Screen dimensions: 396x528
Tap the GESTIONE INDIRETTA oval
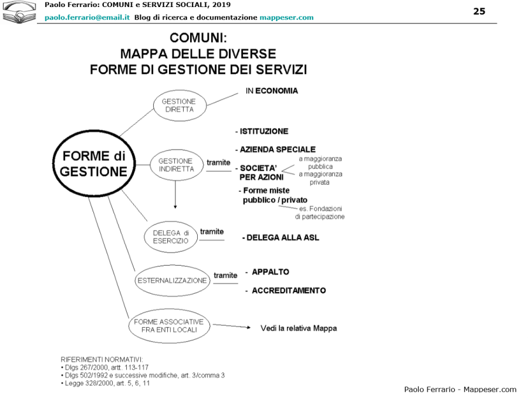point(175,165)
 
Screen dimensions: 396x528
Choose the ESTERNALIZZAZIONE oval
point(172,280)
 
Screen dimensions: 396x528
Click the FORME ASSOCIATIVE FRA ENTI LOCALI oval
point(169,326)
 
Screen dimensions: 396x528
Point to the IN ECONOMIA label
point(272,91)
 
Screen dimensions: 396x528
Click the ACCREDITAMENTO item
point(288,290)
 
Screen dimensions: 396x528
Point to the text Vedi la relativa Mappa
point(299,328)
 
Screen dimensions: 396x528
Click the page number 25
point(479,11)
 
